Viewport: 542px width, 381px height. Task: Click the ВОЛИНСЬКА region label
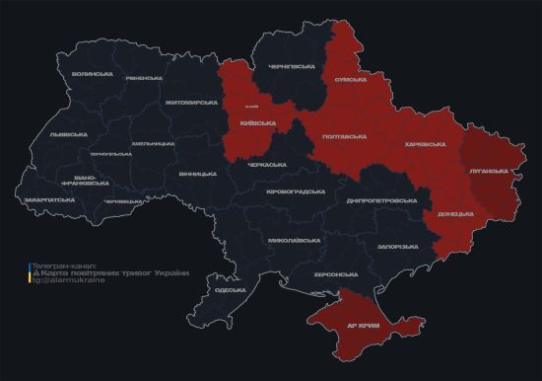point(93,75)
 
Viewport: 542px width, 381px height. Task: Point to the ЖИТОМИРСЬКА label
point(191,102)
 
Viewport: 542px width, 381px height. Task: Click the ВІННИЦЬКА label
point(198,174)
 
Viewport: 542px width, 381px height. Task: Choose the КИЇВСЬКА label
point(258,123)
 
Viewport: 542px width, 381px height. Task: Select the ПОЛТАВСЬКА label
point(346,136)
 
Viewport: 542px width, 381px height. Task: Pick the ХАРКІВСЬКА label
point(425,144)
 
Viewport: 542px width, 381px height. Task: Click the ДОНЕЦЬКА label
point(455,213)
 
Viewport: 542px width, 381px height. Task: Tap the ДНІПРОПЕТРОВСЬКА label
point(382,199)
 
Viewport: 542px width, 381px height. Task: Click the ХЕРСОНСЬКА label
point(336,273)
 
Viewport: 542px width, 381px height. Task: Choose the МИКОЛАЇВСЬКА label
point(294,240)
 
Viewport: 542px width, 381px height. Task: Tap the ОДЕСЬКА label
point(230,290)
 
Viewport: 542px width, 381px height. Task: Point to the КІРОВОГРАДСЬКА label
point(296,190)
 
